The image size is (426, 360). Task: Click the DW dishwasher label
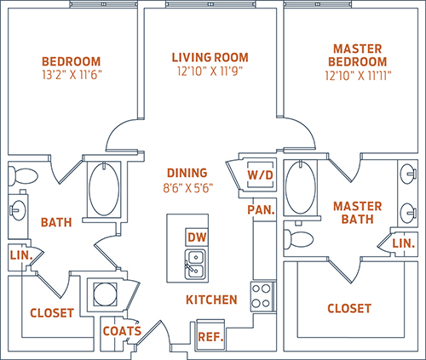[x=197, y=237]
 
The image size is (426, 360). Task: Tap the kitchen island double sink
[x=195, y=264]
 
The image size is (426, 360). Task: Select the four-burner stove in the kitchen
[x=262, y=296]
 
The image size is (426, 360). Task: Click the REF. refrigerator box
[x=210, y=337]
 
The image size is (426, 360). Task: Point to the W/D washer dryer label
[x=260, y=174]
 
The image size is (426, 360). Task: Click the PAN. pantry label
[x=261, y=209]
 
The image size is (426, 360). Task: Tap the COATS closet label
[x=122, y=331]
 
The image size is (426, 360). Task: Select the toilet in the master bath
[x=298, y=239]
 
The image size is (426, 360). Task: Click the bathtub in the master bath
[x=301, y=187]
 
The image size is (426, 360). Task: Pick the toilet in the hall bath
[x=23, y=174]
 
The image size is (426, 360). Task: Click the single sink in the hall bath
[x=17, y=210]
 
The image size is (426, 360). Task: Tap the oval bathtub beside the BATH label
[x=104, y=189]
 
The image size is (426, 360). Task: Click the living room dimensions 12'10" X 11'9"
[x=210, y=71]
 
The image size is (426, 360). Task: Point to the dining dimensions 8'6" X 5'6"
[x=187, y=188]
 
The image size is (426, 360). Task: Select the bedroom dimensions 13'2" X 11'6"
[x=72, y=75]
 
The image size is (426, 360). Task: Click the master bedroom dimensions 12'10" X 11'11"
[x=358, y=76]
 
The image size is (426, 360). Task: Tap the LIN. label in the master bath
[x=404, y=243]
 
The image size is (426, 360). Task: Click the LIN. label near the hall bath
[x=21, y=255]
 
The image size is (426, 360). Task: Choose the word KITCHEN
[x=211, y=300]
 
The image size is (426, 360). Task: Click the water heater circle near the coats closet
[x=105, y=294]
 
